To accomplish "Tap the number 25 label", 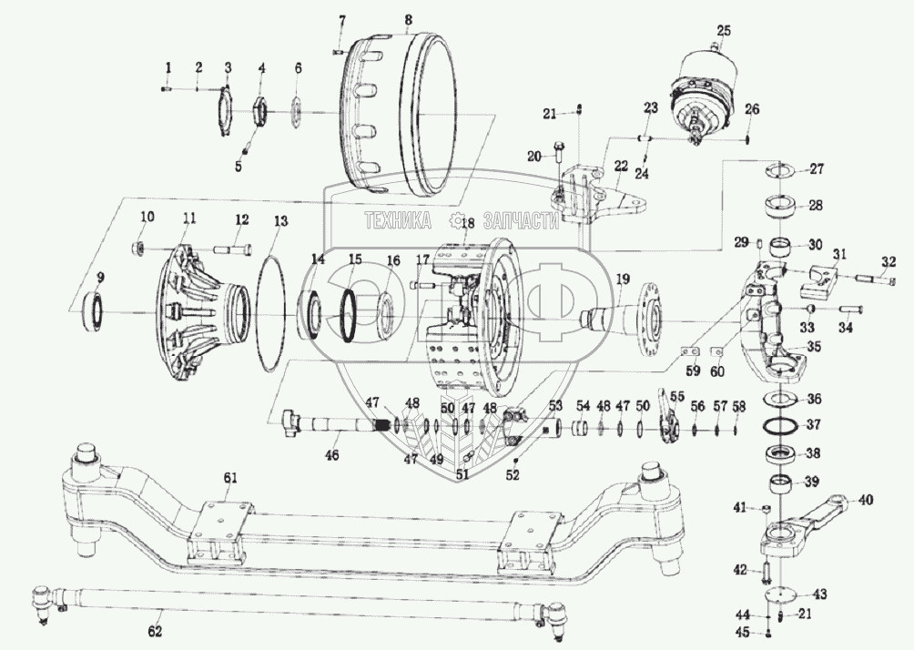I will coord(724,31).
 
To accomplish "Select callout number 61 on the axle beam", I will coord(229,478).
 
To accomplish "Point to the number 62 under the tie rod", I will coord(155,631).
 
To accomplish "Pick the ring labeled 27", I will coord(779,169).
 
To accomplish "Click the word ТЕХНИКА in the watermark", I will coord(397,221).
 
